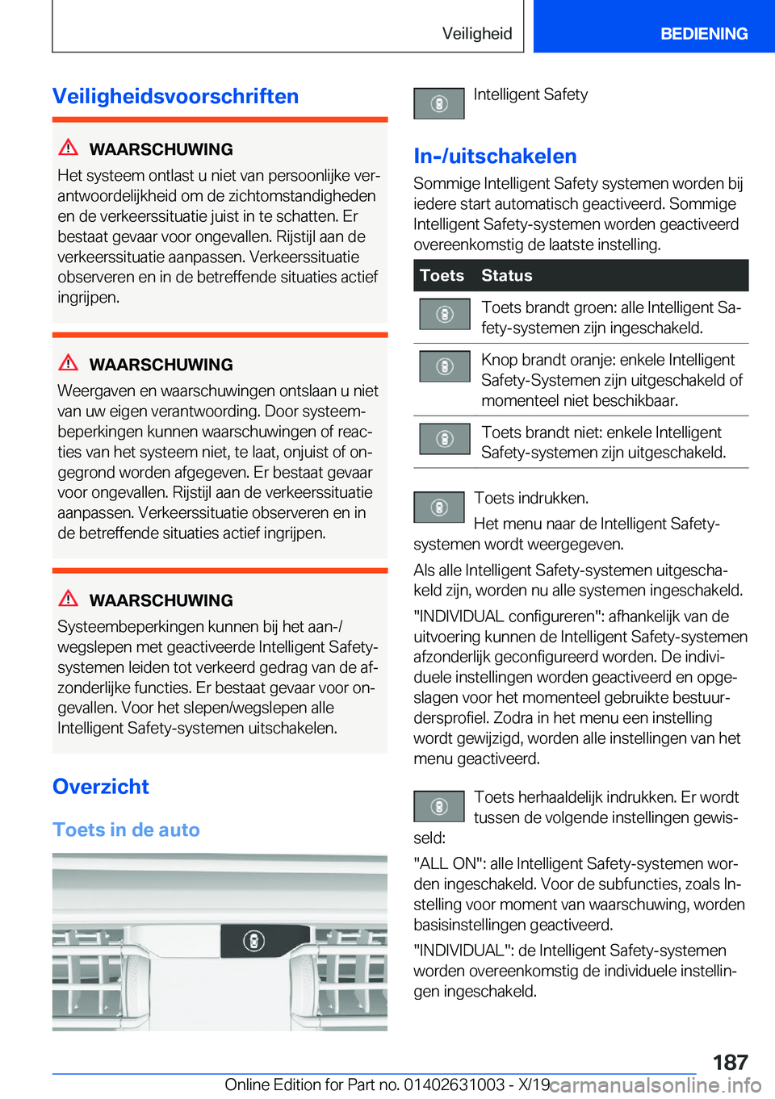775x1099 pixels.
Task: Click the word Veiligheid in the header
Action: [x=476, y=33]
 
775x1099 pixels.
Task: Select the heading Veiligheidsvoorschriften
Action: [x=175, y=96]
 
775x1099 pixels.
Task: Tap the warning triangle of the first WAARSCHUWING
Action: [x=69, y=148]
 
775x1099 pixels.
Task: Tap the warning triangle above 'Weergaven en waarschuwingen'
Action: [x=69, y=363]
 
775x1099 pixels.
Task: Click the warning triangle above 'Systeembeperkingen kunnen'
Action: [x=69, y=599]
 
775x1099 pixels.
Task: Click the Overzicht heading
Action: [x=101, y=786]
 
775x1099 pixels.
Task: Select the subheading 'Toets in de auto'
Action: [x=126, y=829]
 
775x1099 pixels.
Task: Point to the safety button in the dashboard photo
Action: [x=253, y=941]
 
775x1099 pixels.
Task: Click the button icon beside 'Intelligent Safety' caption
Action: [x=438, y=103]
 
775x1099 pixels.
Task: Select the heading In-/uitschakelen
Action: [x=495, y=156]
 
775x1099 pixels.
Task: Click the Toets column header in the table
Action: [x=442, y=275]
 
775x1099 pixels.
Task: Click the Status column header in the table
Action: [x=506, y=275]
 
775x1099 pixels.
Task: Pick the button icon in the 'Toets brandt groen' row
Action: [x=444, y=314]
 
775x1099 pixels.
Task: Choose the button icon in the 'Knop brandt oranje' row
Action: [x=444, y=366]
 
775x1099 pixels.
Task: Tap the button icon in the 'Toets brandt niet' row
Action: [x=444, y=439]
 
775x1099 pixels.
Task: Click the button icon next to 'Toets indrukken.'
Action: [x=438, y=507]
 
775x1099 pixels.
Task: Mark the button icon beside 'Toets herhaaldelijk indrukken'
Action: [x=438, y=806]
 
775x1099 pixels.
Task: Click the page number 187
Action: [x=730, y=1062]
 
